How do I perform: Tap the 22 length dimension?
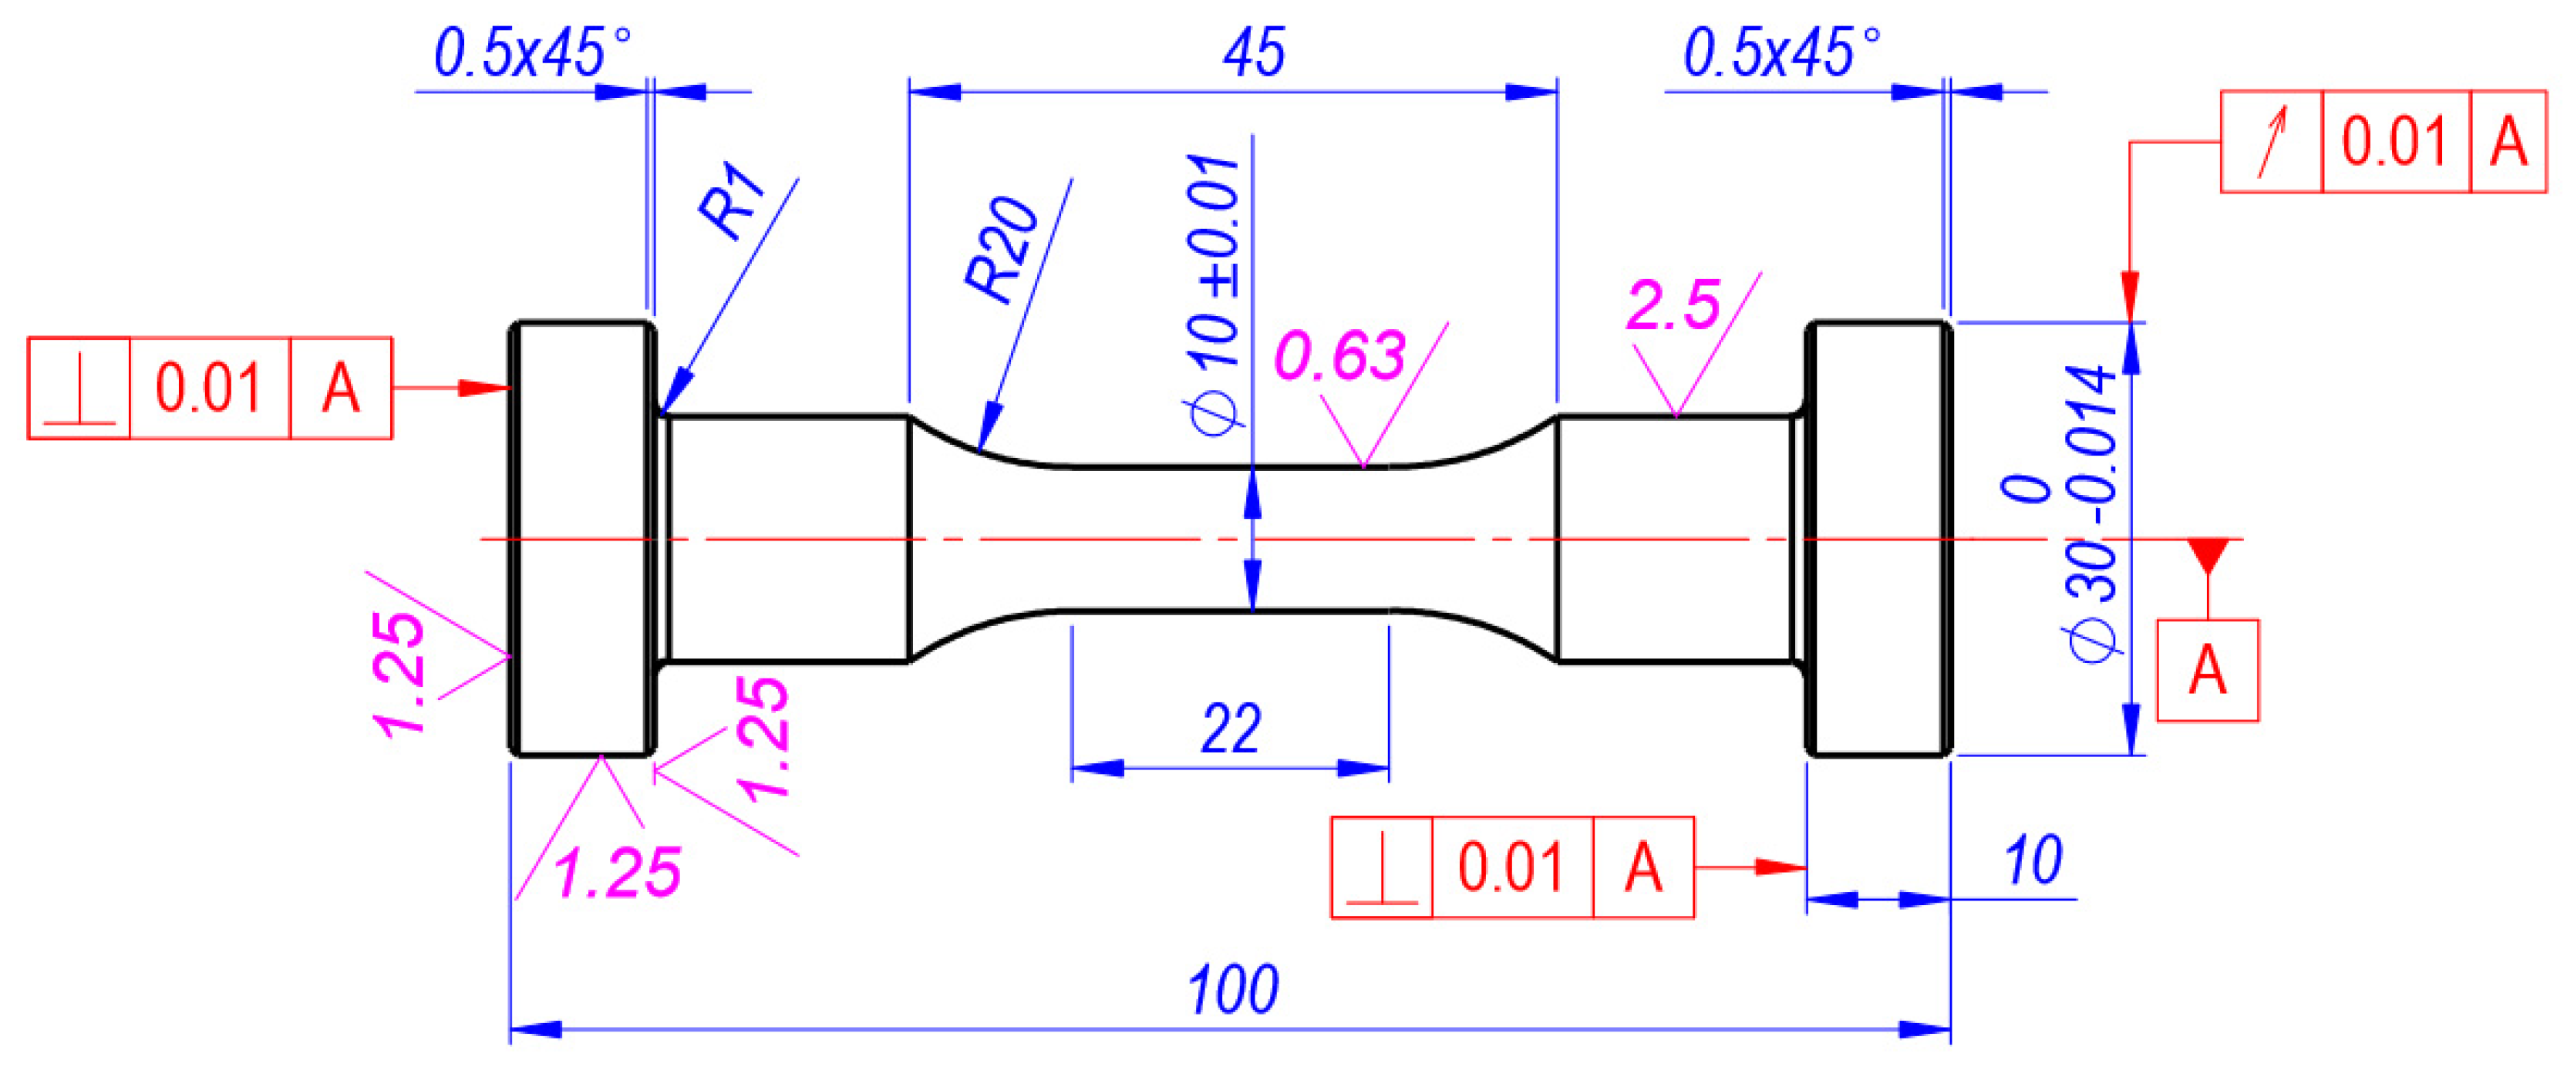tap(1230, 729)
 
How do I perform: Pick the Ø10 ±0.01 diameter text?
tap(1214, 294)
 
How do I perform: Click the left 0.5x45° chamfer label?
tap(531, 53)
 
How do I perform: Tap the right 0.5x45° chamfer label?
tap(1781, 53)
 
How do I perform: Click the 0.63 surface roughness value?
tap(1340, 355)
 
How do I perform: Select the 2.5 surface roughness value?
tap(1673, 305)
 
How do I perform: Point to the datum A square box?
tap(2207, 669)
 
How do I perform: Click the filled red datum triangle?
tap(2207, 554)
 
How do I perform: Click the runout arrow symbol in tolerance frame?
tap(2271, 142)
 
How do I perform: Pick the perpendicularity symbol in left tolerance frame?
tap(79, 388)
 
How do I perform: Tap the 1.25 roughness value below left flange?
tap(618, 872)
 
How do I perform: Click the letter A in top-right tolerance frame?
tap(2508, 142)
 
